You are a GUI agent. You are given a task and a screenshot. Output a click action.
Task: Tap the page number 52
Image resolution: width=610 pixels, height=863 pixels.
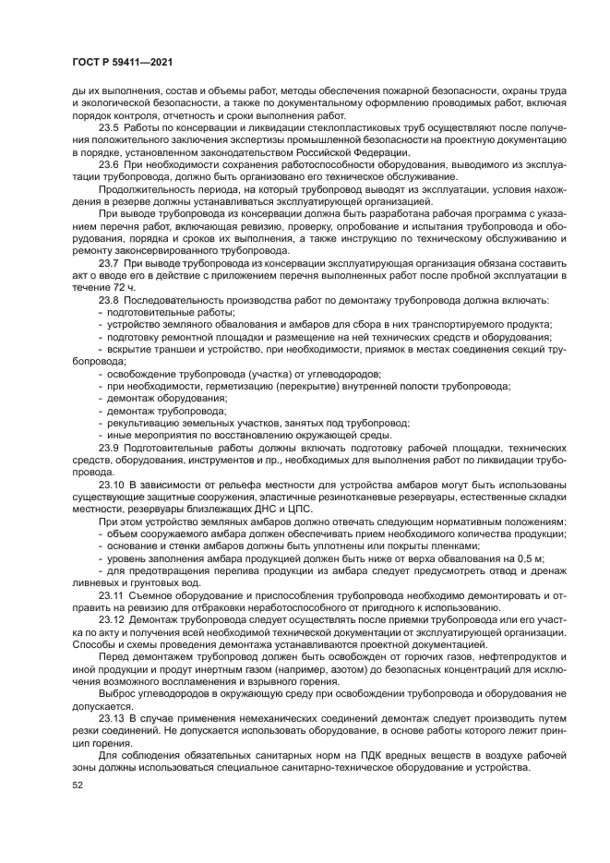[77, 786]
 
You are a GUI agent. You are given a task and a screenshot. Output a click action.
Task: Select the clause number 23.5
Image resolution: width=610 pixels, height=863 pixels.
[109, 127]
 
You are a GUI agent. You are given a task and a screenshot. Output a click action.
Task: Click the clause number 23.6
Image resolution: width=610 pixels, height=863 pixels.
[109, 164]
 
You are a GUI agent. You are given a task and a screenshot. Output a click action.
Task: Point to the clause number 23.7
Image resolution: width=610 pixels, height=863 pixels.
[109, 263]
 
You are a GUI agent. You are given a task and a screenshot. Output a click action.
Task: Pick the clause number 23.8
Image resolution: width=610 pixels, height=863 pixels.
[109, 300]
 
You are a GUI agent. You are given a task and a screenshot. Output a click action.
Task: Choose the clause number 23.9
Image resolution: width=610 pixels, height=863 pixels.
[109, 447]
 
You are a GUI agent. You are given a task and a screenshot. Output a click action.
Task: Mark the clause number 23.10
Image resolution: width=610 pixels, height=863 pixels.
[112, 485]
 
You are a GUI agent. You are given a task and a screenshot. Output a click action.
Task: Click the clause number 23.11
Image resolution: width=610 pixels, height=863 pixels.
[112, 595]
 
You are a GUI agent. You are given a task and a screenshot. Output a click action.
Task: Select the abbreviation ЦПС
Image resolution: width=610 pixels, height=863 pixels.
[300, 509]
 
